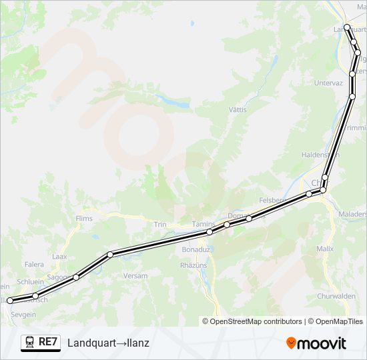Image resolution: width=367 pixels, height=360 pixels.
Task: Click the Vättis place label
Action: [x=238, y=109]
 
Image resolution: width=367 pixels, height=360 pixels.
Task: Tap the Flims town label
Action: [x=84, y=218]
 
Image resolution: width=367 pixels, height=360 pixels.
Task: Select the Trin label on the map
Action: [x=160, y=225]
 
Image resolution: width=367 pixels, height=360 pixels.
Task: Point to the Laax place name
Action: [x=59, y=256]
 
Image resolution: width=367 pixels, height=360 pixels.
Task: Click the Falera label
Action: [x=34, y=265]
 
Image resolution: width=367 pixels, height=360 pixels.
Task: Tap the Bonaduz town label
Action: [x=196, y=249]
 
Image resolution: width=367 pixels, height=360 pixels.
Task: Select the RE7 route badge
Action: [x=41, y=343]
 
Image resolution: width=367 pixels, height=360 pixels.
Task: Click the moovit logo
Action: [x=316, y=343]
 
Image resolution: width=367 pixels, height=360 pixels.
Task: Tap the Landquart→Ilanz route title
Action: [x=108, y=343]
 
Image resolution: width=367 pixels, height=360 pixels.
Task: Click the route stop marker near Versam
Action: [x=109, y=254]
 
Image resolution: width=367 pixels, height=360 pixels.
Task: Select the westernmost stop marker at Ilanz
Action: [x=9, y=301]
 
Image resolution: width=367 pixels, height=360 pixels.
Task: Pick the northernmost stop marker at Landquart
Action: [x=346, y=27]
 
